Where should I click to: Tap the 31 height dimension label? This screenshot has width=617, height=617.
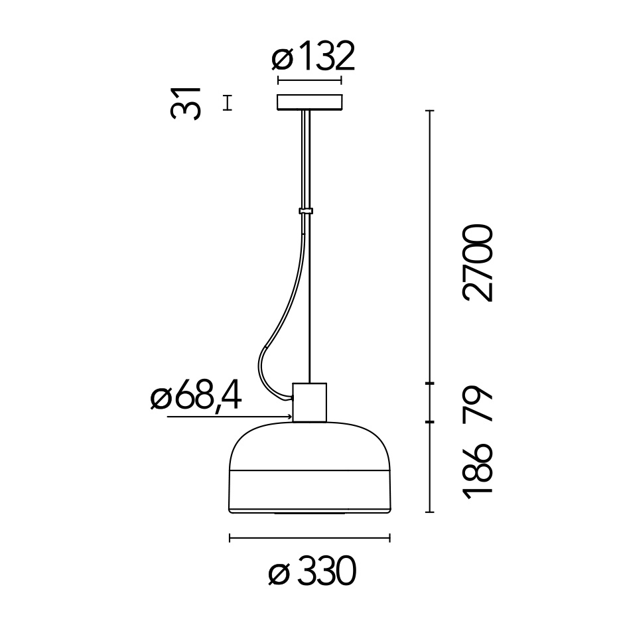point(185,103)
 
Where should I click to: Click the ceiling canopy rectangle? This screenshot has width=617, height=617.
point(309,103)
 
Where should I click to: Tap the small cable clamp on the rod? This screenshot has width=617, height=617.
point(306,212)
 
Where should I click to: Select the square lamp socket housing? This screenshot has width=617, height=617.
point(309,401)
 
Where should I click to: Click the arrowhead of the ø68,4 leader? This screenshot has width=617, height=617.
point(290,417)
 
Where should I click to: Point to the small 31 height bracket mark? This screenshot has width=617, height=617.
point(228,103)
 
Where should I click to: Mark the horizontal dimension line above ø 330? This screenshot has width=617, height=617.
point(309,538)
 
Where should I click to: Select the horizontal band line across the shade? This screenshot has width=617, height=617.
point(309,472)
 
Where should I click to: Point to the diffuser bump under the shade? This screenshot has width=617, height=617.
point(309,514)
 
